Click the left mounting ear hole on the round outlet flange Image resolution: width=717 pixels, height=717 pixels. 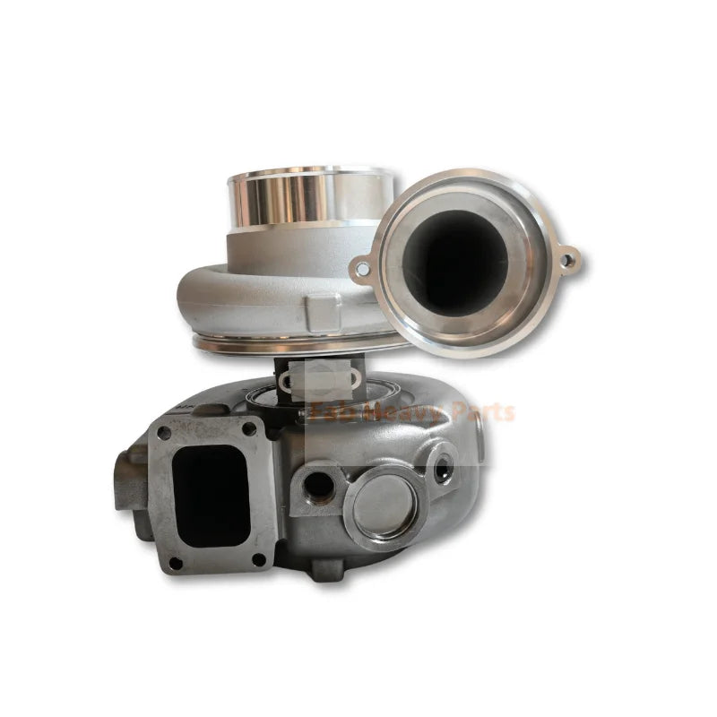[361, 268]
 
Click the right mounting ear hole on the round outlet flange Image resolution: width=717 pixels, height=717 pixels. [566, 261]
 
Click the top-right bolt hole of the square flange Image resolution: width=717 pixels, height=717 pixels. [248, 428]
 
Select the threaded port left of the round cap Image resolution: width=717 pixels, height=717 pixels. [318, 486]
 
